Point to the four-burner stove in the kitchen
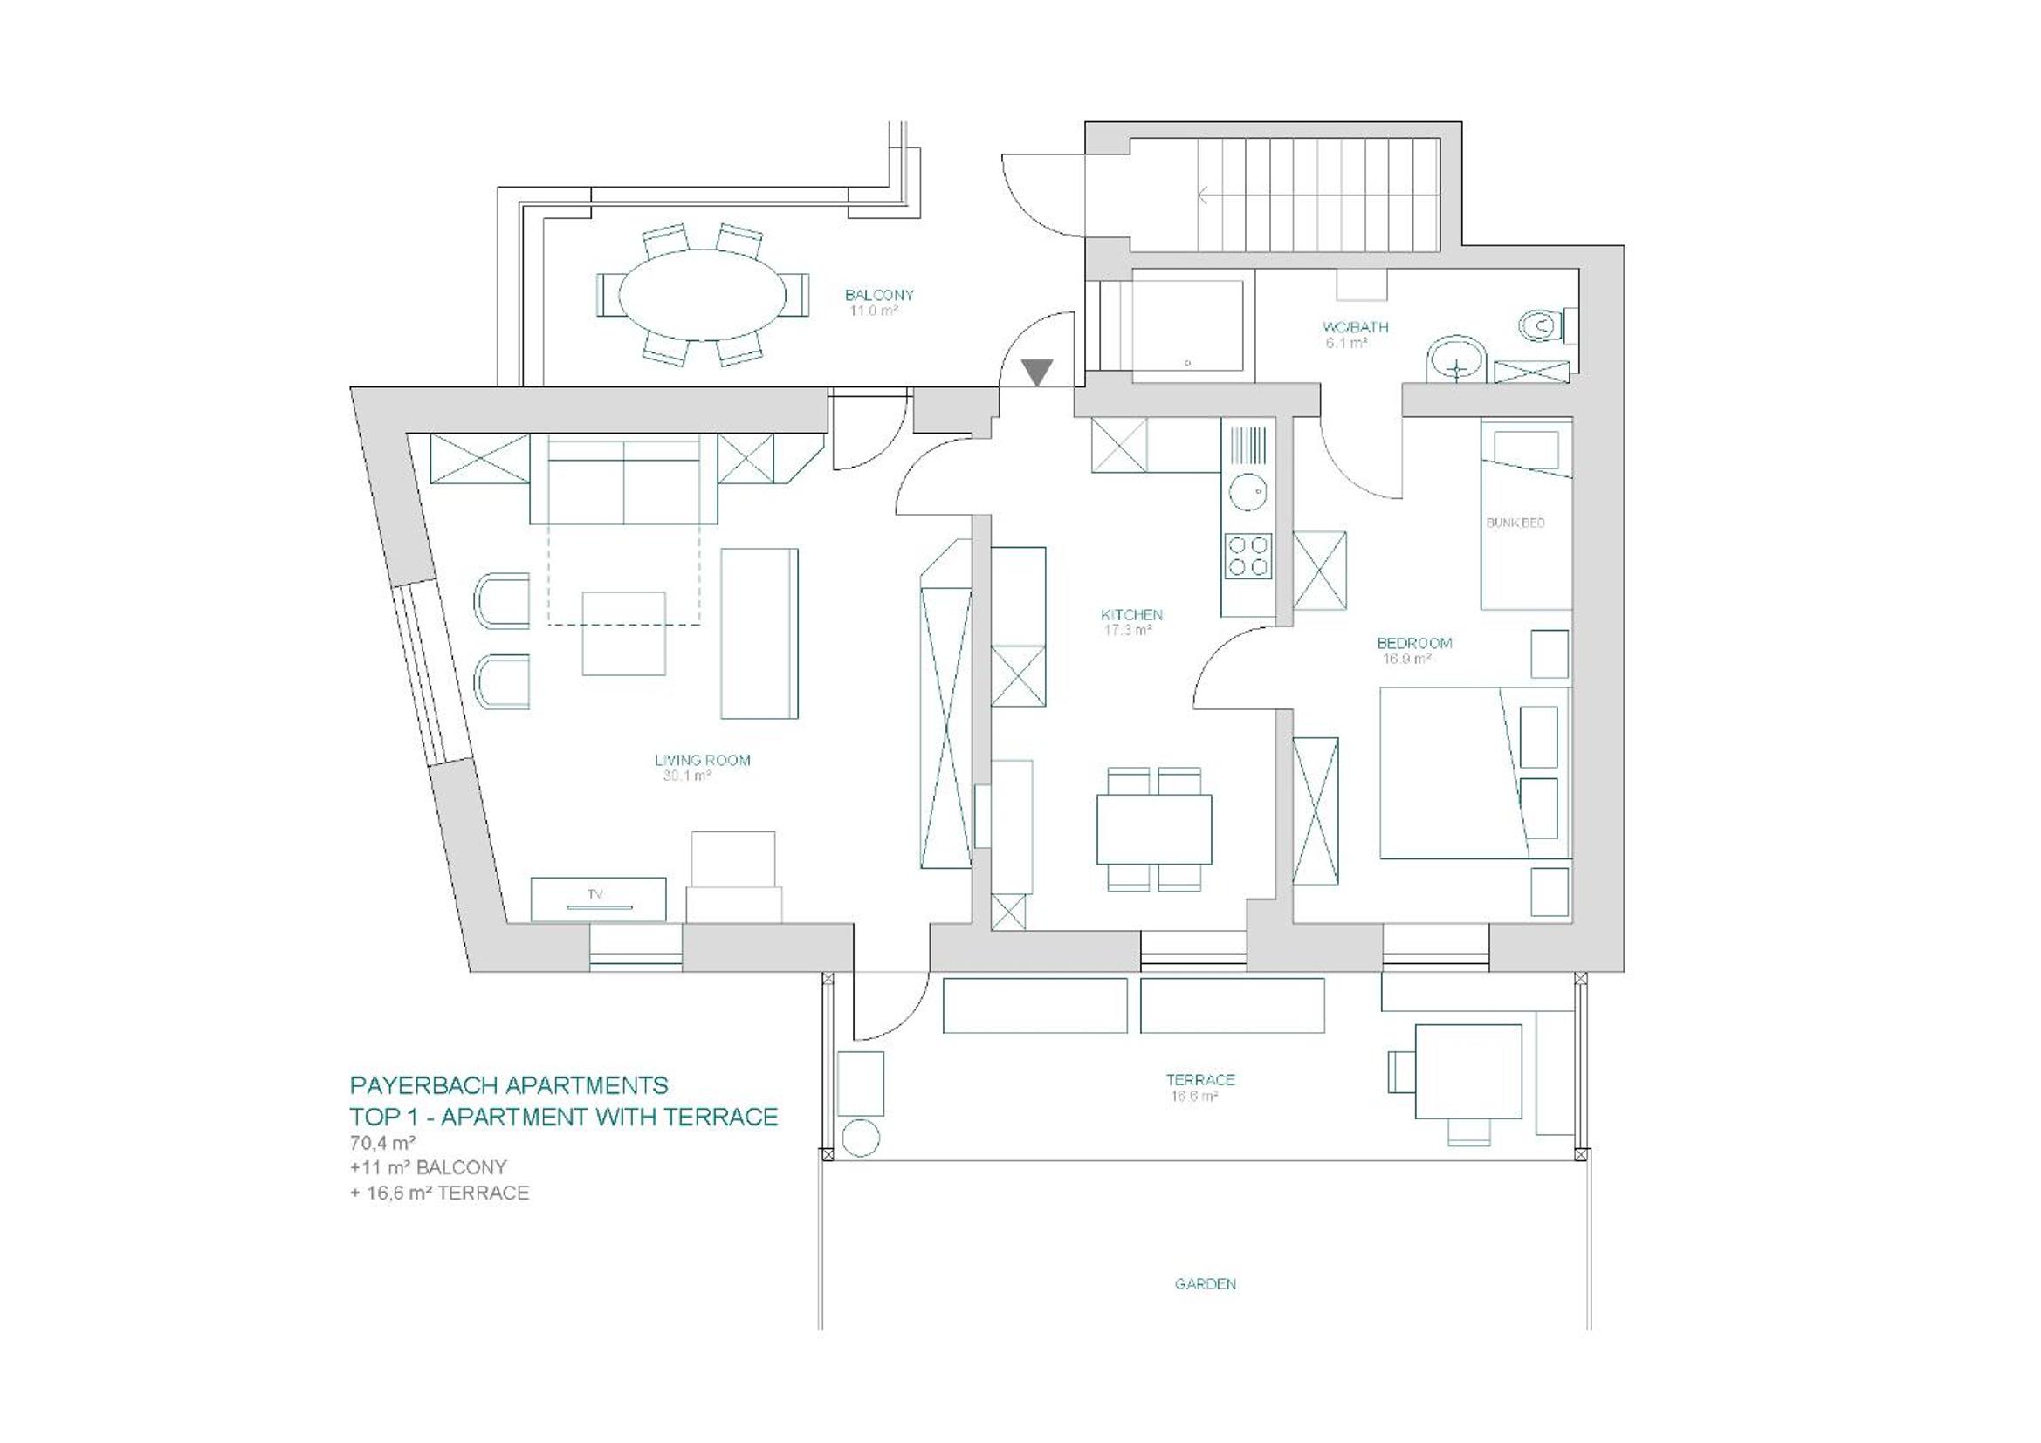pos(1248,556)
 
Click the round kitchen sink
pos(1248,490)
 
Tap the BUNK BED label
pos(1515,523)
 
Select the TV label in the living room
pos(594,895)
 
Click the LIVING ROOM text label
pos(702,760)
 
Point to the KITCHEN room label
pos(1131,615)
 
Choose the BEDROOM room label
pos(1414,643)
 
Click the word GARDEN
pos(1206,1284)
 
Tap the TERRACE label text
pos(1200,1079)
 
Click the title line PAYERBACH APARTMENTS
pos(508,1086)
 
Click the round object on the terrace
pos(860,1139)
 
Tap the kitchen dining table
pos(1154,829)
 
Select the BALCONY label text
pos(879,295)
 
